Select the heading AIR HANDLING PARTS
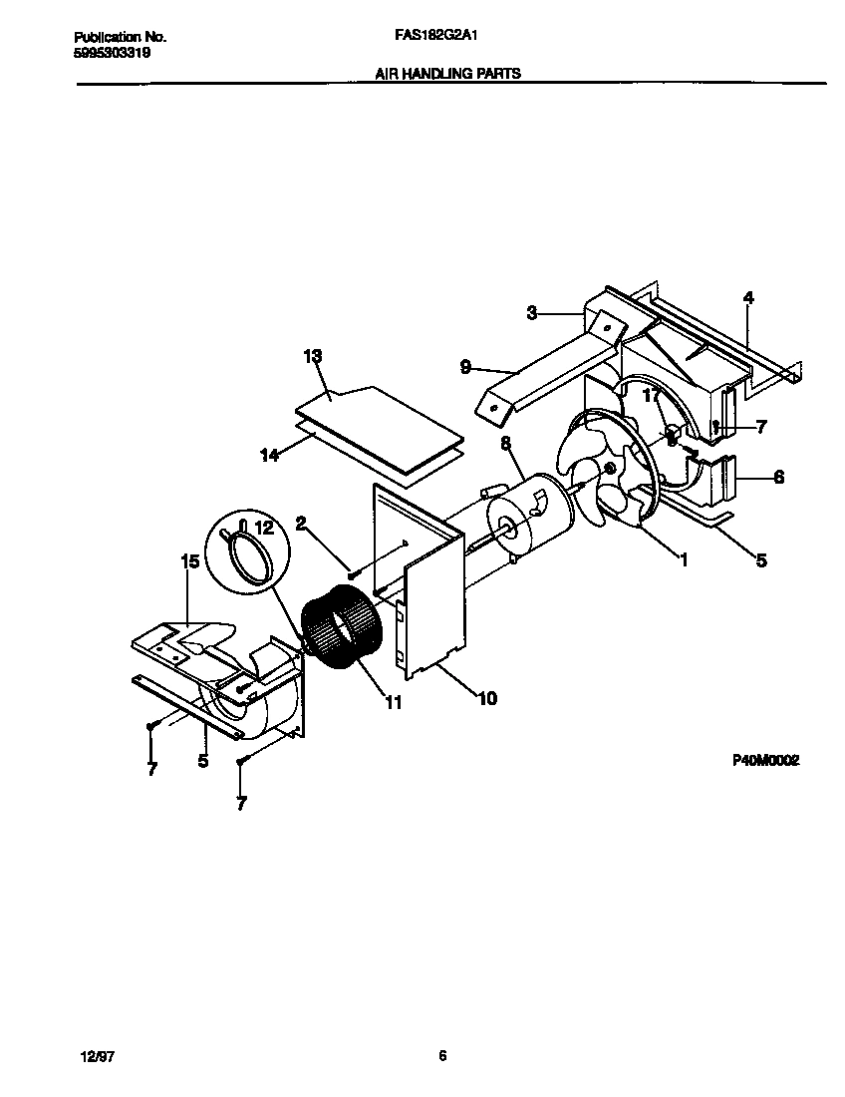(x=447, y=74)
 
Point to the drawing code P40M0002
(x=767, y=760)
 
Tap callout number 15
(x=189, y=561)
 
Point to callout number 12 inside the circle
(x=263, y=527)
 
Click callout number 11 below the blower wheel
(x=394, y=703)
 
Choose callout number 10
(x=486, y=698)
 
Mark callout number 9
(x=465, y=367)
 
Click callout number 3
(x=532, y=313)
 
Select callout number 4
(x=748, y=297)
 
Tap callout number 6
(x=778, y=478)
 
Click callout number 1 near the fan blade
(x=684, y=560)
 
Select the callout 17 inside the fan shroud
(x=651, y=397)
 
